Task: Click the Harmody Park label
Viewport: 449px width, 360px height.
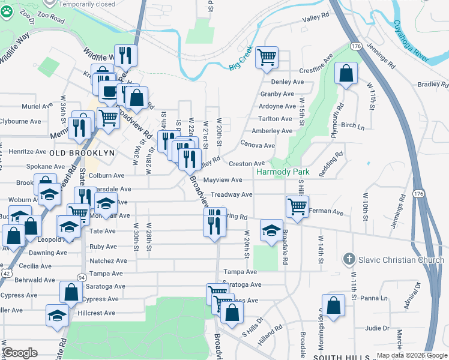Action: point(283,172)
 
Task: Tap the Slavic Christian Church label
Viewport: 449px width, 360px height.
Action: point(402,260)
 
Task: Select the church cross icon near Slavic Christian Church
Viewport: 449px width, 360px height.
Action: point(349,260)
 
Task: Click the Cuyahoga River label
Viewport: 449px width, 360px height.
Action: point(411,40)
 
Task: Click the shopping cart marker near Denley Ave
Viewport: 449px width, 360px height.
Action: point(267,58)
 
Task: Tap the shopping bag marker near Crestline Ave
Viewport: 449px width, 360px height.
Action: point(346,74)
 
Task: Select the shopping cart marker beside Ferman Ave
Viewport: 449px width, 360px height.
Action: point(298,207)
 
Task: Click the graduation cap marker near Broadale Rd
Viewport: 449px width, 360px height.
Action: point(271,230)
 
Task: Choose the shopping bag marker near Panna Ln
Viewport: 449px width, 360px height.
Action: point(333,305)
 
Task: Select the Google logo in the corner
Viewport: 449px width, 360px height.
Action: point(20,352)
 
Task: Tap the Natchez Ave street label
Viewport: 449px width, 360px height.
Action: point(108,261)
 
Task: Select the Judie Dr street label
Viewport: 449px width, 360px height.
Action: point(377,328)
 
